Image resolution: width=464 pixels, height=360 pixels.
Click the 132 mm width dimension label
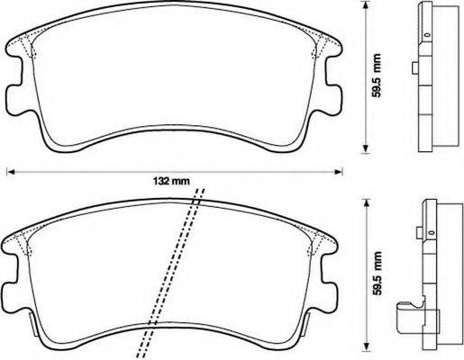(171, 180)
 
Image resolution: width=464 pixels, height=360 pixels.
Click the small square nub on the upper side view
(412, 67)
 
